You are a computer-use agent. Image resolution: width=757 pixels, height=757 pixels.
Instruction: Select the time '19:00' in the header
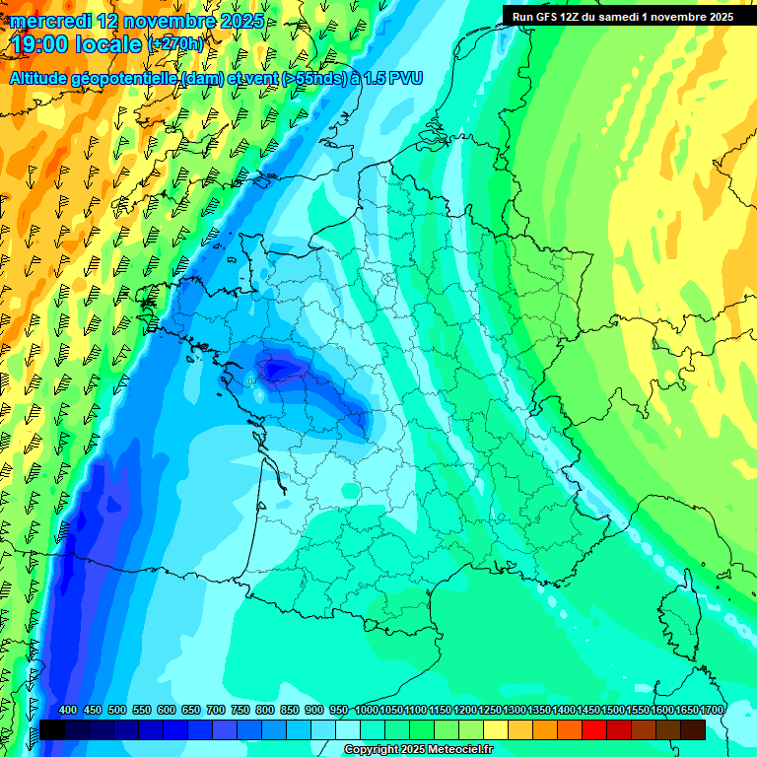[x=38, y=44]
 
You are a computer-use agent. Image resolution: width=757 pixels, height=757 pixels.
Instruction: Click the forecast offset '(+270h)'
[x=175, y=44]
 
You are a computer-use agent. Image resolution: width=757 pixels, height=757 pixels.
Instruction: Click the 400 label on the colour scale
[x=68, y=711]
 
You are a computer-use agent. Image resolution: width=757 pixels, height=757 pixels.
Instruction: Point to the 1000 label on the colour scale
[x=367, y=711]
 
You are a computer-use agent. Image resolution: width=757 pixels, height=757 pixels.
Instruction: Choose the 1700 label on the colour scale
[x=712, y=711]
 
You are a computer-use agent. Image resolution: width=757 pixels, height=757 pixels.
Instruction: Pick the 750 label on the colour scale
[x=241, y=711]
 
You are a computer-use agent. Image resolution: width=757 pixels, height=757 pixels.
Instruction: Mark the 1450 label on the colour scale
[x=588, y=711]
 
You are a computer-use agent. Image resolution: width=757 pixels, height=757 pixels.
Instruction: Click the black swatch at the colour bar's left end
[x=52, y=729]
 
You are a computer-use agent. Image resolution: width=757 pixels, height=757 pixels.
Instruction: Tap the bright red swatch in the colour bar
[x=594, y=729]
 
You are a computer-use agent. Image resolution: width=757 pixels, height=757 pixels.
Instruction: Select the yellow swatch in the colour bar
[x=496, y=729]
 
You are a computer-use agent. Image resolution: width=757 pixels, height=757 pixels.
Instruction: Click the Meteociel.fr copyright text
[x=418, y=750]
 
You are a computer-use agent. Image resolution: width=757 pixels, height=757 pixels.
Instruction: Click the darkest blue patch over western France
[x=281, y=369]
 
